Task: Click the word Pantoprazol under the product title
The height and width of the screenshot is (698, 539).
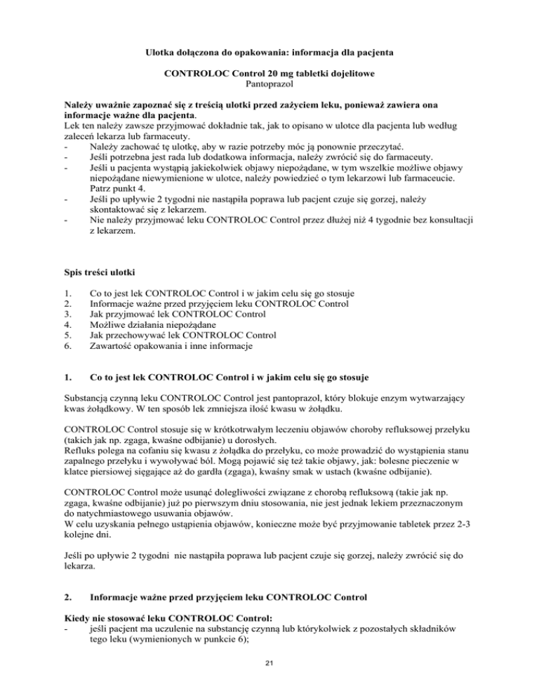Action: point(269,84)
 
